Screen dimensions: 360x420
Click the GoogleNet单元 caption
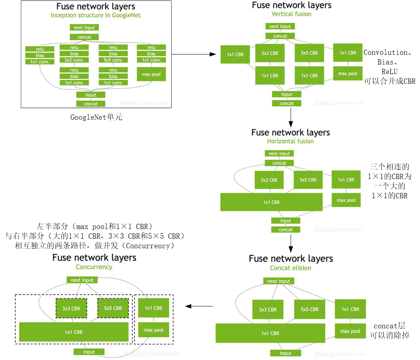click(96, 118)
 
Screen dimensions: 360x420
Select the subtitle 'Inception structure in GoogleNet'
click(96, 15)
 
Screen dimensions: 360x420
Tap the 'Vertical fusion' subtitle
click(291, 14)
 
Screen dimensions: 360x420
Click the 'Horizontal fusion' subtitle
click(290, 141)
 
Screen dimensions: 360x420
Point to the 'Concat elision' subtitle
click(290, 268)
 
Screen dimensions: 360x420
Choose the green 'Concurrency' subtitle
click(94, 267)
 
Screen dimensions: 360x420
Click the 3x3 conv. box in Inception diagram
click(74, 60)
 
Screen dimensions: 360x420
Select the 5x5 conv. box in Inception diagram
click(113, 60)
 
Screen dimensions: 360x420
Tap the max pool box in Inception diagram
click(151, 74)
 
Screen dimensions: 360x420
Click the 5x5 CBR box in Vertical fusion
click(309, 53)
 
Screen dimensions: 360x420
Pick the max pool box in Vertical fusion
click(348, 74)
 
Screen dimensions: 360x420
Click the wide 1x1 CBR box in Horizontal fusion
click(271, 202)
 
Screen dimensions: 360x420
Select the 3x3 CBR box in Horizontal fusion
click(269, 180)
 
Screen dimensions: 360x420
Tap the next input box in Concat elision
click(278, 281)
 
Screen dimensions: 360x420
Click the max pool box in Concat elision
click(350, 331)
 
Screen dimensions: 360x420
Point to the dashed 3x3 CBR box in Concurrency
click(71, 308)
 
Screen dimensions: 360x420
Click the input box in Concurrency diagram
click(89, 352)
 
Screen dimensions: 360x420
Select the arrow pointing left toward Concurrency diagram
click(199, 306)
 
